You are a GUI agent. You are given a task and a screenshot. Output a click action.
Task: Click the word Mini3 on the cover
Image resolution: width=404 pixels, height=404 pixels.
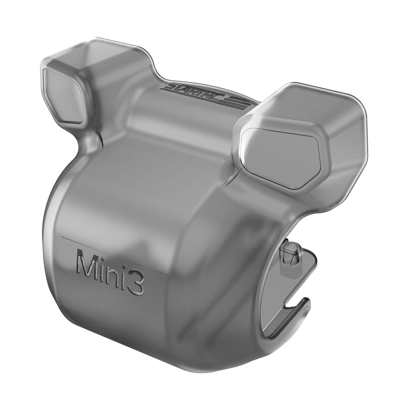pyautogui.click(x=110, y=272)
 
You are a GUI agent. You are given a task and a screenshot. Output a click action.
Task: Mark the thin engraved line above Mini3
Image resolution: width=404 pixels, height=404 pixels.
pyautogui.click(x=111, y=255)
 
